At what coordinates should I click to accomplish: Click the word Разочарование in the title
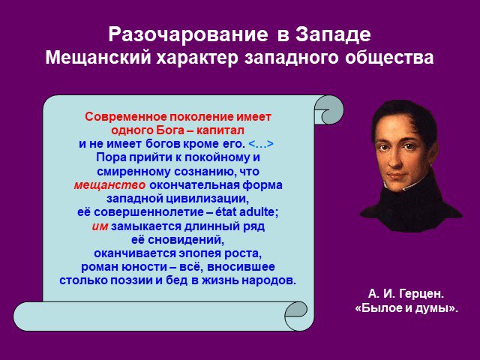(188, 34)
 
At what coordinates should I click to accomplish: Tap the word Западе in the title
(333, 35)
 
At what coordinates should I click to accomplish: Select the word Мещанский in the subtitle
(98, 57)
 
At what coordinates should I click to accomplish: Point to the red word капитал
(220, 130)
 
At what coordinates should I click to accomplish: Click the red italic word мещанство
(109, 185)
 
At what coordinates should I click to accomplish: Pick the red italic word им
(100, 226)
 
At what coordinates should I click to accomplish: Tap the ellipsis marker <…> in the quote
(261, 144)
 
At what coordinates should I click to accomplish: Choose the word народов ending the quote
(269, 280)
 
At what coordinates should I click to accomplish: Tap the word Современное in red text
(126, 117)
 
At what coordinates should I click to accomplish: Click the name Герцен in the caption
(421, 294)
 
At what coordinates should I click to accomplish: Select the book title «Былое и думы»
(406, 308)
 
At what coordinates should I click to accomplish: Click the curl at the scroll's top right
(328, 109)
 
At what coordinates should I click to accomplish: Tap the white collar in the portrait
(410, 187)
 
